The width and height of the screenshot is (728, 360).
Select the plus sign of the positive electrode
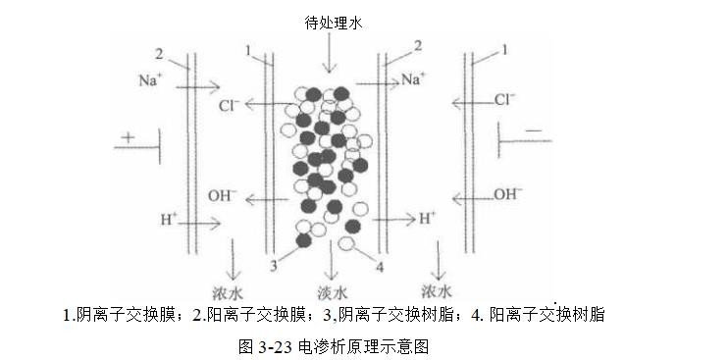pos(130,137)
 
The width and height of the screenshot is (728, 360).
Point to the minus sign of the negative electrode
pos(534,129)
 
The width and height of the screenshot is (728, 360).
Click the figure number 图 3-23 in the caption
pos(267,346)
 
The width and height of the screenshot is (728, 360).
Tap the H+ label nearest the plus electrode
pos(169,218)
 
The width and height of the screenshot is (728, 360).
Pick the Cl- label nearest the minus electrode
pos(505,98)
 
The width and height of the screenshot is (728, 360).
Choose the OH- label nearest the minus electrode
pos(508,193)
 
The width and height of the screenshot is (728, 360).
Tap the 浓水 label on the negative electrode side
pos(436,291)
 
